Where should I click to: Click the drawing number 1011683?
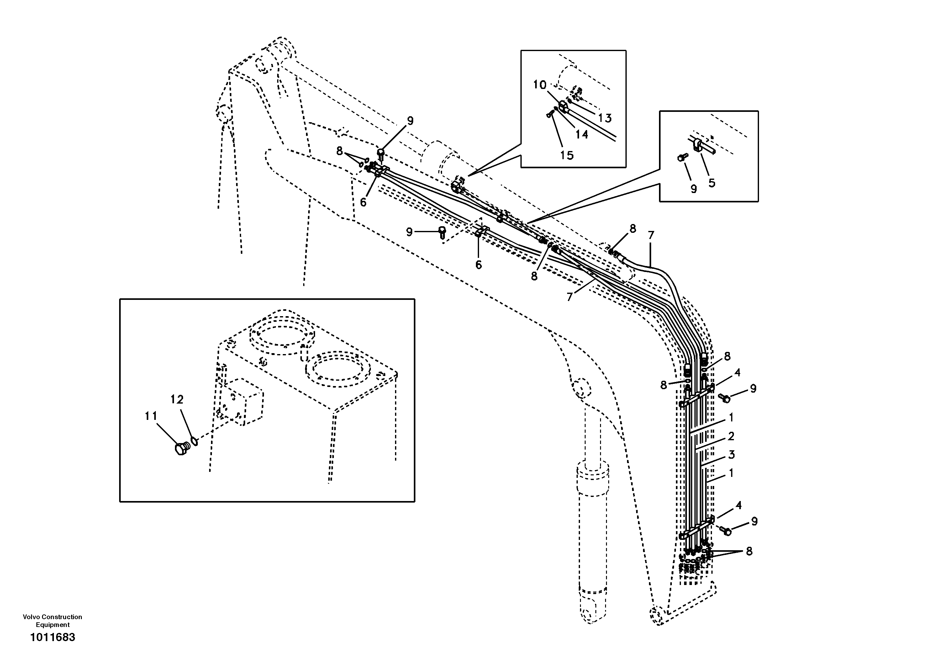point(53,637)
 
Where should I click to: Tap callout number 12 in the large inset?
point(177,400)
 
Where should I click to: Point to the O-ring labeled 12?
point(195,440)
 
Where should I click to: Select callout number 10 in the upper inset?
point(540,85)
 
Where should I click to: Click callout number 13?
point(605,118)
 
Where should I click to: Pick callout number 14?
point(582,134)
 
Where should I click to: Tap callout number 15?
point(567,155)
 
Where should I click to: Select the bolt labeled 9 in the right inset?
point(682,157)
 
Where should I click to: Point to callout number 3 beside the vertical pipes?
point(731,455)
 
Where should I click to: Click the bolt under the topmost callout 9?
point(381,154)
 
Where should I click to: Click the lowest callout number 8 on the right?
point(749,551)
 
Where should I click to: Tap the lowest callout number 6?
point(479,265)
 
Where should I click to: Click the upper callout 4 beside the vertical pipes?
point(737,373)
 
